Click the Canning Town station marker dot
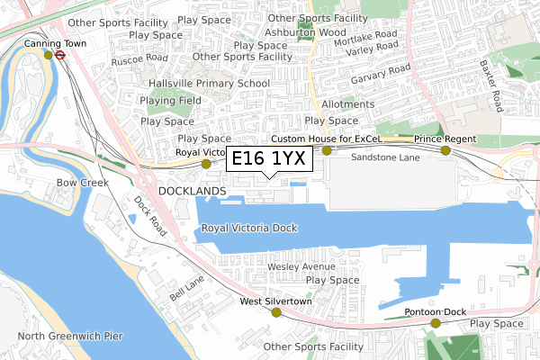click(x=49, y=55)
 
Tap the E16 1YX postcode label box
click(x=270, y=159)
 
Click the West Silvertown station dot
click(x=276, y=312)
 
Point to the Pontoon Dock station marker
click(x=436, y=323)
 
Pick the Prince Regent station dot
click(x=445, y=150)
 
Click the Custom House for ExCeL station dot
click(x=328, y=150)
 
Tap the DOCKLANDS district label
click(x=192, y=192)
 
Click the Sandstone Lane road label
click(x=385, y=157)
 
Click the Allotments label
click(x=346, y=104)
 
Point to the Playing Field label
click(x=170, y=101)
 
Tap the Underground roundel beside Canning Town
click(x=60, y=54)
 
